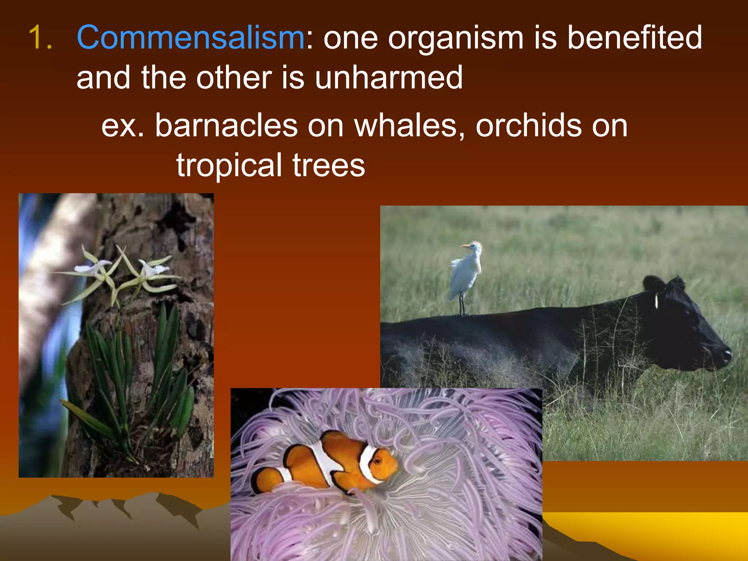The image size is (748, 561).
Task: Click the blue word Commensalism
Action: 190,37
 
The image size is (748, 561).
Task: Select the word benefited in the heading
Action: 634,37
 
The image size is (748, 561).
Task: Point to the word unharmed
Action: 389,77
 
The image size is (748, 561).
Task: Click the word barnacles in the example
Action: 226,125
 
